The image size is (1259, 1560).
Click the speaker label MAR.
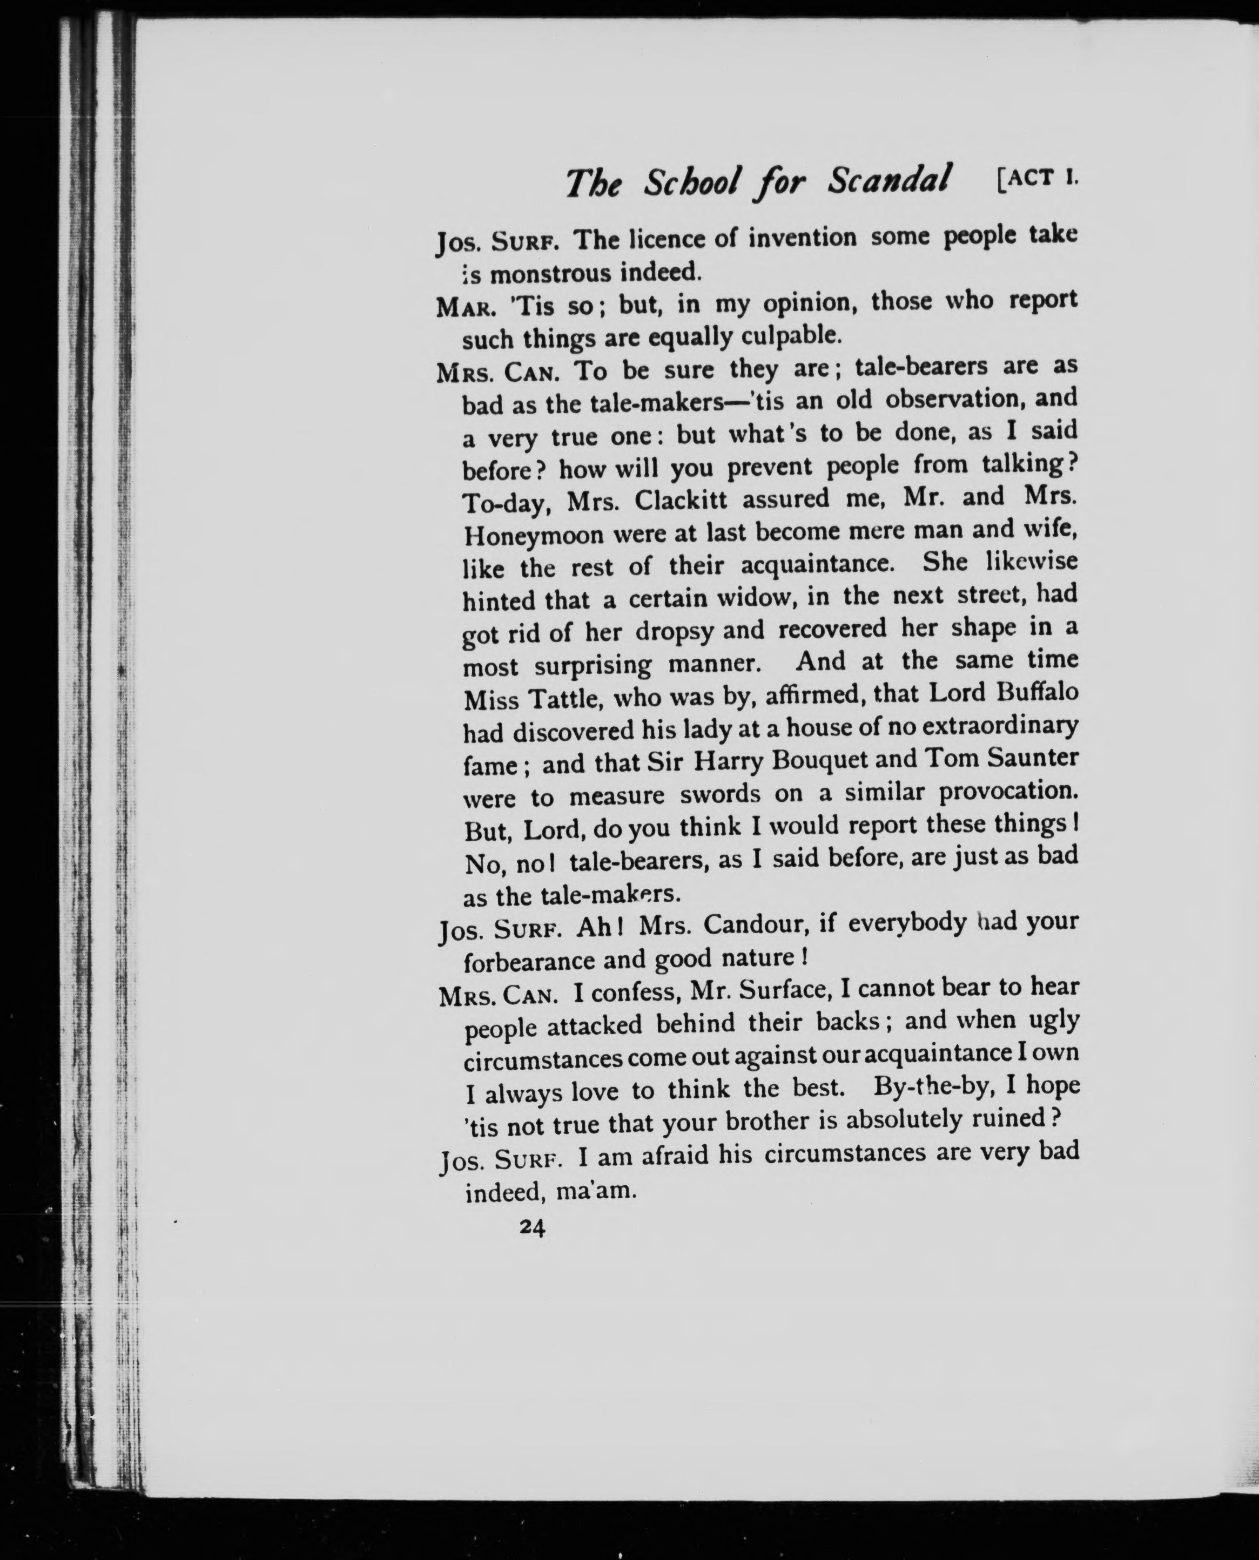click(x=466, y=307)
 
